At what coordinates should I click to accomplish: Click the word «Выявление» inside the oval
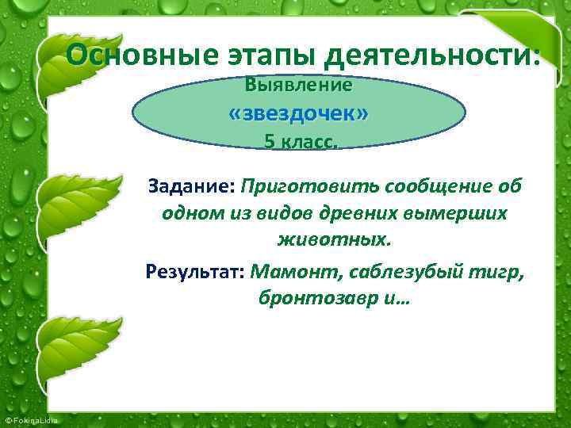tap(299, 83)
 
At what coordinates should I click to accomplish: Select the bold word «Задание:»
tap(191, 186)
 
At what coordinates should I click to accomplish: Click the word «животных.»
tap(334, 239)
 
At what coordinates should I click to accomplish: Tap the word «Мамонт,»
tap(293, 273)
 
